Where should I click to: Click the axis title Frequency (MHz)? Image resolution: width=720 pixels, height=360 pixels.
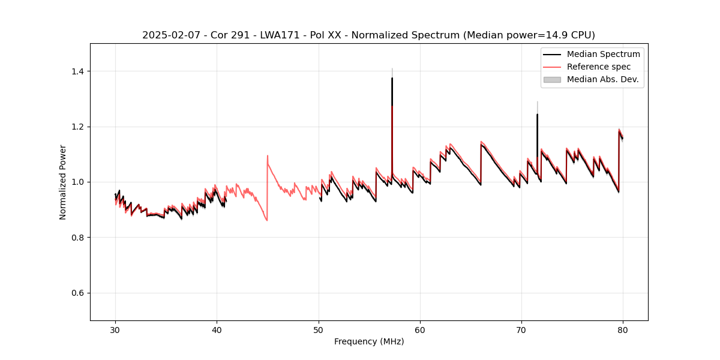[x=369, y=341]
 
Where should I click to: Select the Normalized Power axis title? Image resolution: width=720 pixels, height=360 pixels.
[x=63, y=182]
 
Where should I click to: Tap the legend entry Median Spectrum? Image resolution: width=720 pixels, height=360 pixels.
[x=603, y=54]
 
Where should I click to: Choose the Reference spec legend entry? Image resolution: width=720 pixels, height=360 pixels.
[x=599, y=67]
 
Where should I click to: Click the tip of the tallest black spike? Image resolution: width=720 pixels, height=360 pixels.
[x=392, y=78]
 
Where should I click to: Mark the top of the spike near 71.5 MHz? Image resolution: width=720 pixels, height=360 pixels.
[x=537, y=115]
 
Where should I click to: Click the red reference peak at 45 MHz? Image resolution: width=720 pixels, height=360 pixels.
[x=268, y=156]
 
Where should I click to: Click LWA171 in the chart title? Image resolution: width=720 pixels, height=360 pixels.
[x=281, y=35]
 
